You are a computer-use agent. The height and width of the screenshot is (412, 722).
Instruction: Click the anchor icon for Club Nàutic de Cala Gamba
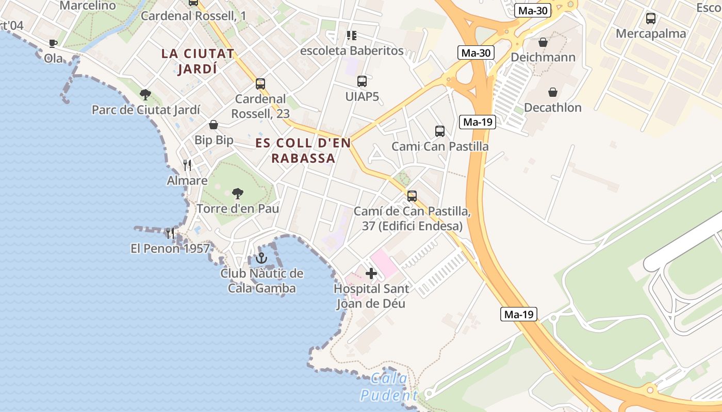[261, 258]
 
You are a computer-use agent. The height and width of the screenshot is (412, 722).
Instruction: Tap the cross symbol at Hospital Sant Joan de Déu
[371, 273]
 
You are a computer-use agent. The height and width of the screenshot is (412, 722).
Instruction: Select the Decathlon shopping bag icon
[552, 92]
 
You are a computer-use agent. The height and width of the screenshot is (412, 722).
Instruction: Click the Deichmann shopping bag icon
[543, 42]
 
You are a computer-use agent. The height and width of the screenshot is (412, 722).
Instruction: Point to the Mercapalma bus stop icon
[650, 19]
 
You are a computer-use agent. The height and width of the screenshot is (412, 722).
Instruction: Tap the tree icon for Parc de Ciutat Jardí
[145, 94]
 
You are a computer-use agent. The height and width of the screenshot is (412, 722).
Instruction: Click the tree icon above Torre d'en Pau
[237, 193]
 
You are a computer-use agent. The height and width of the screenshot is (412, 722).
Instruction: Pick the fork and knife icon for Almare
[187, 165]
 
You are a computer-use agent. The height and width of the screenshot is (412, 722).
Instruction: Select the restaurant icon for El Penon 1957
[170, 233]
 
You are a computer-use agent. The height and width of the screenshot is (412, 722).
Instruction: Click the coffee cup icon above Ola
[53, 43]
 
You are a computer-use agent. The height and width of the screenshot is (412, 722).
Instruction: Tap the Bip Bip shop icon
[214, 125]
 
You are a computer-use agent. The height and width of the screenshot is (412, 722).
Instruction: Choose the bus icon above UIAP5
[362, 81]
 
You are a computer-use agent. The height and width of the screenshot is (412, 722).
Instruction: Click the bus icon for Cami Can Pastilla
[439, 131]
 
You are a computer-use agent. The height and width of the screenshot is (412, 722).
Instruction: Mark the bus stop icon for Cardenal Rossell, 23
[260, 83]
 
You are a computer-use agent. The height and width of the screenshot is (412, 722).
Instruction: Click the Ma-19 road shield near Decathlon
[477, 122]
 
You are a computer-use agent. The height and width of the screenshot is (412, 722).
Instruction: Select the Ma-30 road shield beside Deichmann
[476, 53]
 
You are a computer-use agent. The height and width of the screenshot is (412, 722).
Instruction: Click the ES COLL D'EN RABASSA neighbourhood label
[303, 150]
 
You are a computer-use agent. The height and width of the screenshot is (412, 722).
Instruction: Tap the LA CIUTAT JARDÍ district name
[198, 61]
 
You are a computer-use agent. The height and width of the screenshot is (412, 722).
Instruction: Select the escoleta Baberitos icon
[352, 36]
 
